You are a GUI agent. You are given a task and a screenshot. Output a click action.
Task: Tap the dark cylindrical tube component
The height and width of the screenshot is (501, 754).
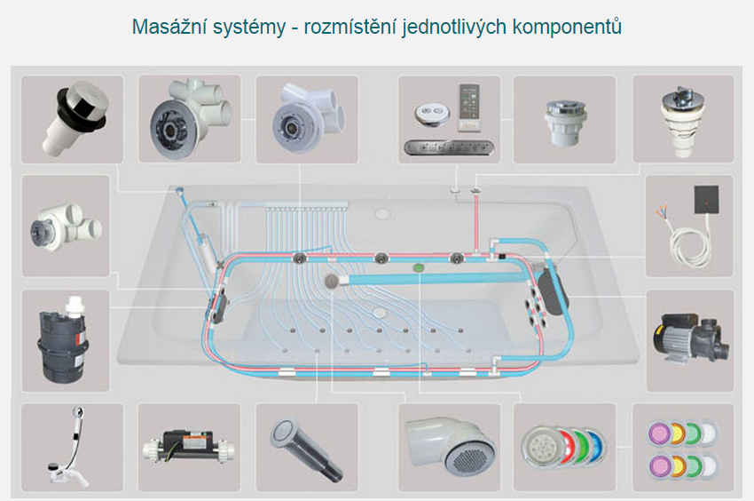tap(306, 445)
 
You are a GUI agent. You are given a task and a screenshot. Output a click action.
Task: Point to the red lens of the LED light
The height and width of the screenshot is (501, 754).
tap(564, 441)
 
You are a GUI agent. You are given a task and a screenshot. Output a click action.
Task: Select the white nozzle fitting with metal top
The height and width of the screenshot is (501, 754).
tap(683, 116)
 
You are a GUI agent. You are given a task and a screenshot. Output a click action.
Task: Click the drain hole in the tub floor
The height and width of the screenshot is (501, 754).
tap(380, 312)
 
